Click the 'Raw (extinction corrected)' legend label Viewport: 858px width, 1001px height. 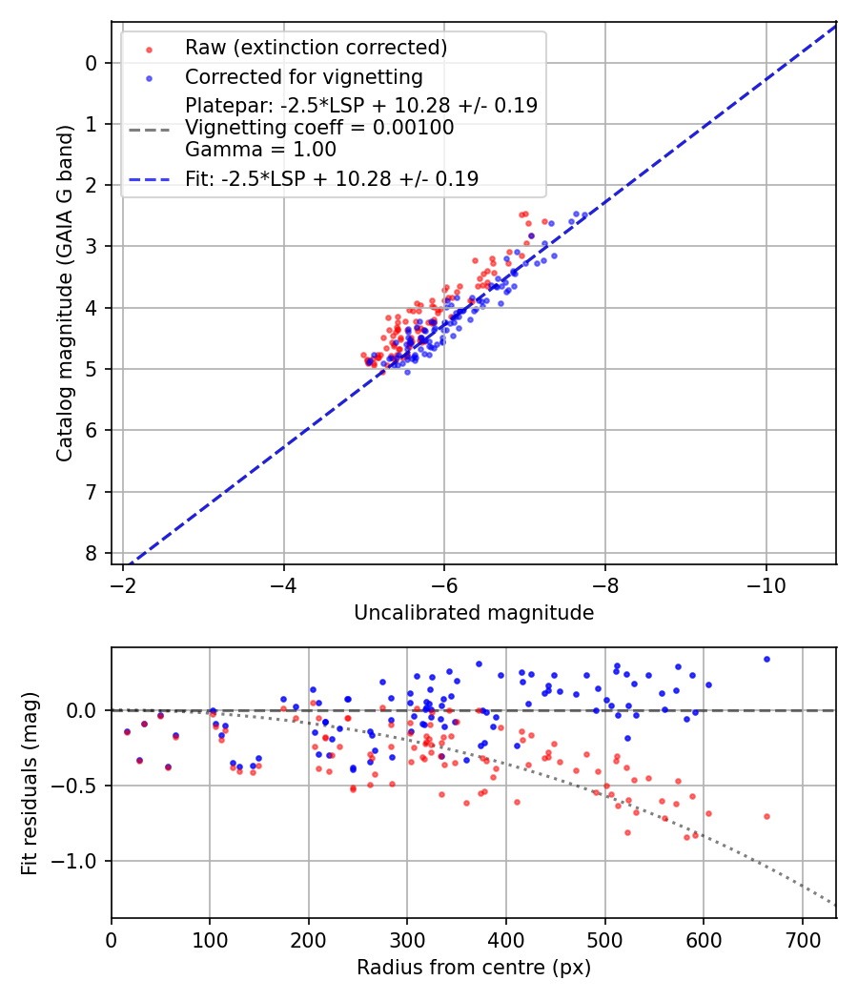tap(316, 48)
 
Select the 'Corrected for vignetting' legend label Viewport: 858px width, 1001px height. tap(304, 76)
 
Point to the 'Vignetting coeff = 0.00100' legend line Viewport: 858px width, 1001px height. tap(319, 127)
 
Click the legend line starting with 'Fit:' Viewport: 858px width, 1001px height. tap(332, 178)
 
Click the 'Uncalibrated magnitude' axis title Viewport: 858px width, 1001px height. tap(474, 613)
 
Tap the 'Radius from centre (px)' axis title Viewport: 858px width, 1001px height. tap(474, 968)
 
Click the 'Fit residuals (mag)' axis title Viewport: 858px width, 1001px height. tap(30, 783)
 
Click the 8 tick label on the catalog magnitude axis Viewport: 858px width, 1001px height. tap(92, 553)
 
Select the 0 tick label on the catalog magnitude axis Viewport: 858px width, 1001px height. tap(92, 63)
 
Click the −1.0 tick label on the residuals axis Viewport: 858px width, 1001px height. tap(76, 861)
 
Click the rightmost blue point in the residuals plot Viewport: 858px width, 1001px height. tap(766, 659)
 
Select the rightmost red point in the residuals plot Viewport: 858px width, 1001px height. tap(766, 816)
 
